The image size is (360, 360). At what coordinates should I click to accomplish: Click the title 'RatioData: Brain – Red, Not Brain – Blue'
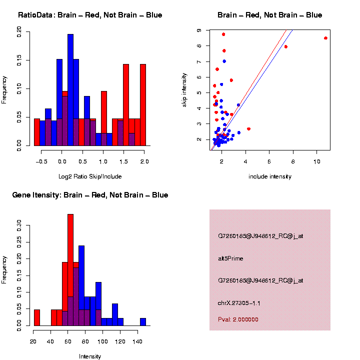tap(90, 15)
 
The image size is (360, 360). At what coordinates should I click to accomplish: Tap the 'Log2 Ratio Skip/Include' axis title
tap(90, 176)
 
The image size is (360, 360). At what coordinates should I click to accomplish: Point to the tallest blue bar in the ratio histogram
tap(70, 90)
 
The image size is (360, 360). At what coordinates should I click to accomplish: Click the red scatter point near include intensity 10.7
tap(325, 38)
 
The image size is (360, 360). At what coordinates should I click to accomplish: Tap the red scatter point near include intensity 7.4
tap(286, 46)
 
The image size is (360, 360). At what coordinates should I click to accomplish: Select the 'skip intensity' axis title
tap(184, 90)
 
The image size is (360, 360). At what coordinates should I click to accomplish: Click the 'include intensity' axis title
tap(270, 176)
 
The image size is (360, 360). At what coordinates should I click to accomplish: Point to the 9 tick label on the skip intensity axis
tap(199, 30)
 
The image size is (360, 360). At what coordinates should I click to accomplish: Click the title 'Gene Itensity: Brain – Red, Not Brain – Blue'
tap(90, 195)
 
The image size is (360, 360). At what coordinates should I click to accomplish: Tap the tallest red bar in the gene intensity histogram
tap(70, 270)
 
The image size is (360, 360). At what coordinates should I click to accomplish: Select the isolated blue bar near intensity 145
tap(143, 322)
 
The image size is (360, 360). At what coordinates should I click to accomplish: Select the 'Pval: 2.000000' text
tap(238, 319)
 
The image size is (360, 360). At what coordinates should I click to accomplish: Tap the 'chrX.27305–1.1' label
tap(239, 303)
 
